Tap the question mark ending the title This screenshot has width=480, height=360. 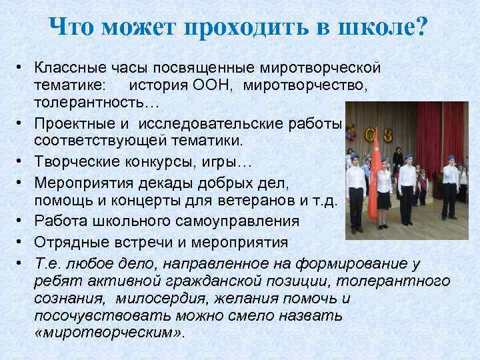pos(422,28)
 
